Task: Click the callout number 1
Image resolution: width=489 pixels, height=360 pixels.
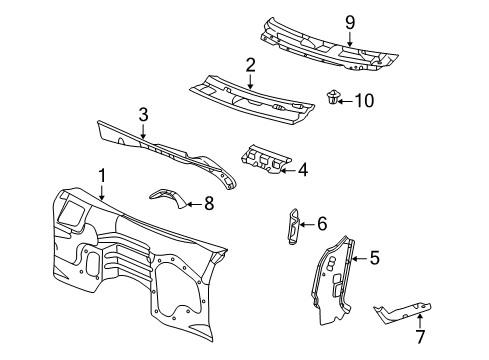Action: [101, 176]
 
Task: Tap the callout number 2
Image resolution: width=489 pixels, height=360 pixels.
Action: [250, 65]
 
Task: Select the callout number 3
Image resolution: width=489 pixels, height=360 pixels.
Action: [143, 114]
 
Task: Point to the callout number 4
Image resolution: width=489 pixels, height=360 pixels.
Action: [302, 170]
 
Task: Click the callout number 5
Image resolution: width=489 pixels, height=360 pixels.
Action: [373, 258]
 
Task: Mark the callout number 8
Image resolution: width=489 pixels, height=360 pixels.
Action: [208, 203]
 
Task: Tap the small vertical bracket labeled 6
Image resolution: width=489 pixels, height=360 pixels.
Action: [292, 226]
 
